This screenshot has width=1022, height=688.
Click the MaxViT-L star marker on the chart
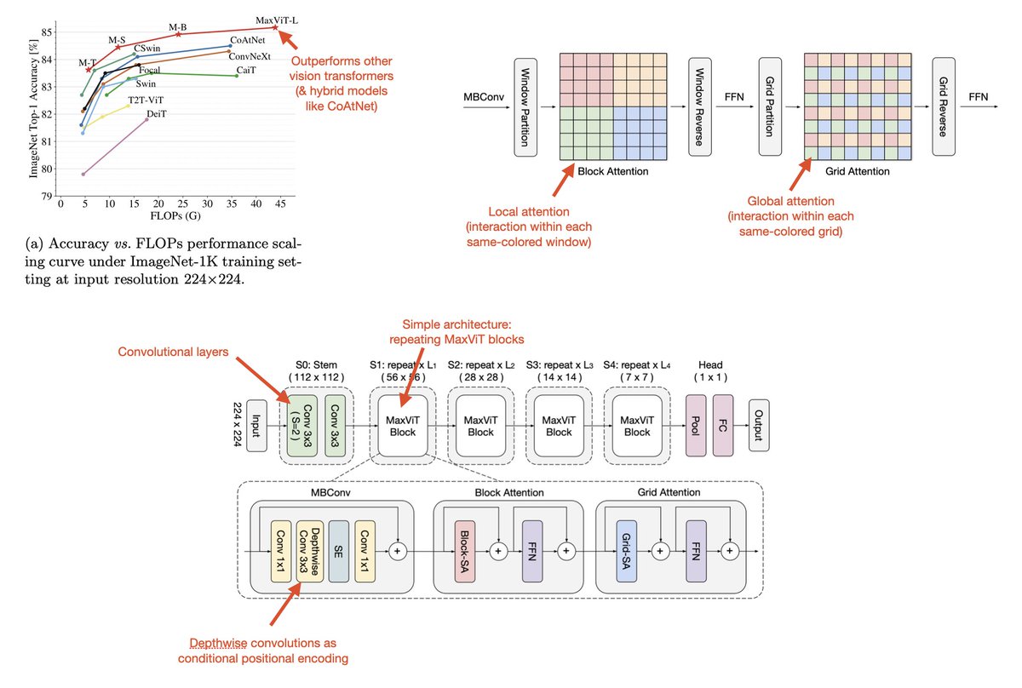[275, 27]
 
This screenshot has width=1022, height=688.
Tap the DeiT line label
[157, 113]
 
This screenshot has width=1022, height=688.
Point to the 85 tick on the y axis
[47, 32]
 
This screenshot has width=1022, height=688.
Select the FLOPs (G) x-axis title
[175, 215]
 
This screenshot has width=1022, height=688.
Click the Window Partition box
[525, 107]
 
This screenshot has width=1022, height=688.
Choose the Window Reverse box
[700, 106]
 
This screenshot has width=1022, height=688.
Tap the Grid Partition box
[770, 106]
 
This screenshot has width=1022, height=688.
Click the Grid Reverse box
[944, 106]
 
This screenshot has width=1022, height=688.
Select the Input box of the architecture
[256, 426]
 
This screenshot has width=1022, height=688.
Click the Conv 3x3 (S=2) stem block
[302, 426]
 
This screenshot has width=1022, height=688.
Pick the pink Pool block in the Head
[696, 426]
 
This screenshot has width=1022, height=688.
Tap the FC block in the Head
[723, 426]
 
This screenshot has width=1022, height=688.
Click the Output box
[759, 426]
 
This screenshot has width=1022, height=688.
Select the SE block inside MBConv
[339, 552]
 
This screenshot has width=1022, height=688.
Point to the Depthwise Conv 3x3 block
[310, 552]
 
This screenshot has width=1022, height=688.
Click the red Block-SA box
[465, 552]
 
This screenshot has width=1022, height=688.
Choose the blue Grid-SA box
[627, 552]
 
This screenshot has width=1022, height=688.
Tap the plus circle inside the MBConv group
[398, 552]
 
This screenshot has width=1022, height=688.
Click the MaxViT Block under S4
[637, 426]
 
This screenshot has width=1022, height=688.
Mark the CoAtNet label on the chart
[247, 40]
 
